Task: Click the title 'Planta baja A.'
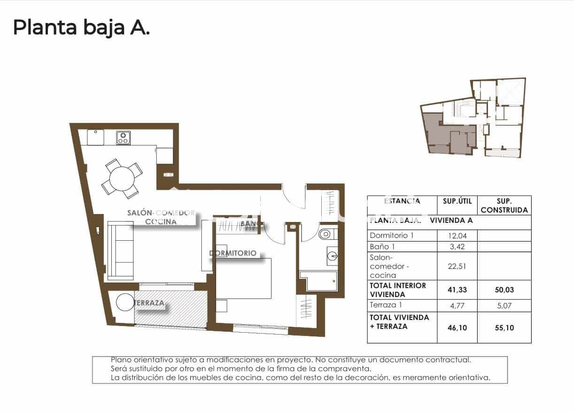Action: (x=81, y=28)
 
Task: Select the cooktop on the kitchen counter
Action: (x=124, y=137)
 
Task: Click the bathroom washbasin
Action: (x=332, y=256)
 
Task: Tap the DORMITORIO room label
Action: (x=233, y=253)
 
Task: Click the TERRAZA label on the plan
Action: (x=149, y=303)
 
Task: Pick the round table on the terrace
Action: (x=125, y=303)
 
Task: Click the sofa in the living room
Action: (x=121, y=251)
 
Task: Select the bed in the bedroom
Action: (x=243, y=278)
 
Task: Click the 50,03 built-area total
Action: (x=504, y=290)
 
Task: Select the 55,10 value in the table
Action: (x=504, y=327)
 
